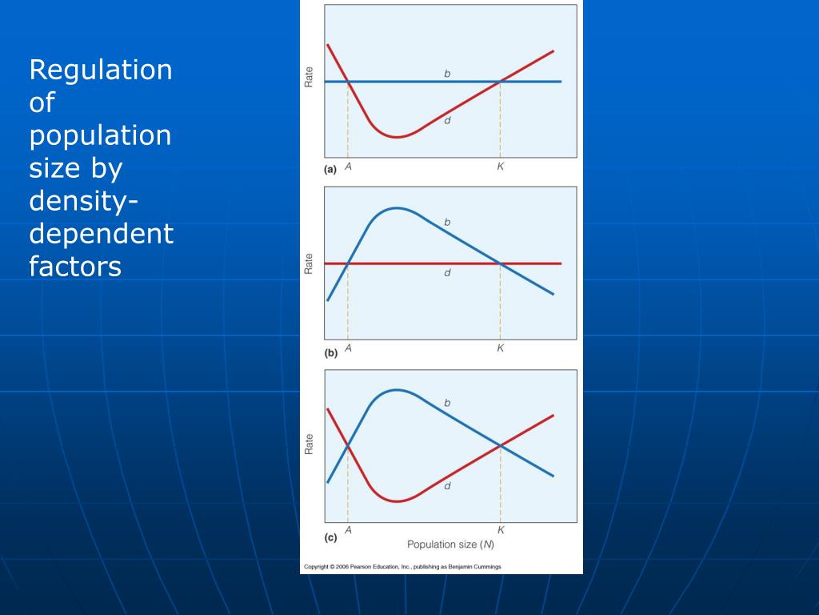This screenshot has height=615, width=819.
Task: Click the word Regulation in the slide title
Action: [x=101, y=70]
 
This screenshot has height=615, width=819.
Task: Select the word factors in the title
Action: [x=75, y=266]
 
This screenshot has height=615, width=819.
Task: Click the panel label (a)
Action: [x=330, y=169]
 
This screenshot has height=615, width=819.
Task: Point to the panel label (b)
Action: [x=330, y=352]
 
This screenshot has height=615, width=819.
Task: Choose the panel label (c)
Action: [x=330, y=537]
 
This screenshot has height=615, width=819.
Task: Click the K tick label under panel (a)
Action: [x=500, y=167]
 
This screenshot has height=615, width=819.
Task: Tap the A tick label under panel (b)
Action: [x=348, y=348]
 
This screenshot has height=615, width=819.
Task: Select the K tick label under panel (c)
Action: [x=501, y=530]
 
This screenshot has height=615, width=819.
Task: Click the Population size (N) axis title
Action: [x=451, y=545]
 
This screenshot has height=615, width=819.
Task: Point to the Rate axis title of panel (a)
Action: [x=310, y=76]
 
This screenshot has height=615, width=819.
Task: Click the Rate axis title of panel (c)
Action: [x=310, y=444]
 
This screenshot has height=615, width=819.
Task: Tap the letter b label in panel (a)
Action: [x=447, y=74]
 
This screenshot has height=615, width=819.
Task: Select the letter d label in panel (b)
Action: [x=447, y=273]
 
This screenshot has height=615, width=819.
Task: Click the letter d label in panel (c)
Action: [x=447, y=485]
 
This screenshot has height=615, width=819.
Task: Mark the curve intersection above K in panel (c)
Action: [x=501, y=445]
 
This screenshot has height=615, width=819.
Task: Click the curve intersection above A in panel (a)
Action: [x=348, y=82]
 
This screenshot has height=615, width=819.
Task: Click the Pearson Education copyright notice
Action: [x=402, y=567]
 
